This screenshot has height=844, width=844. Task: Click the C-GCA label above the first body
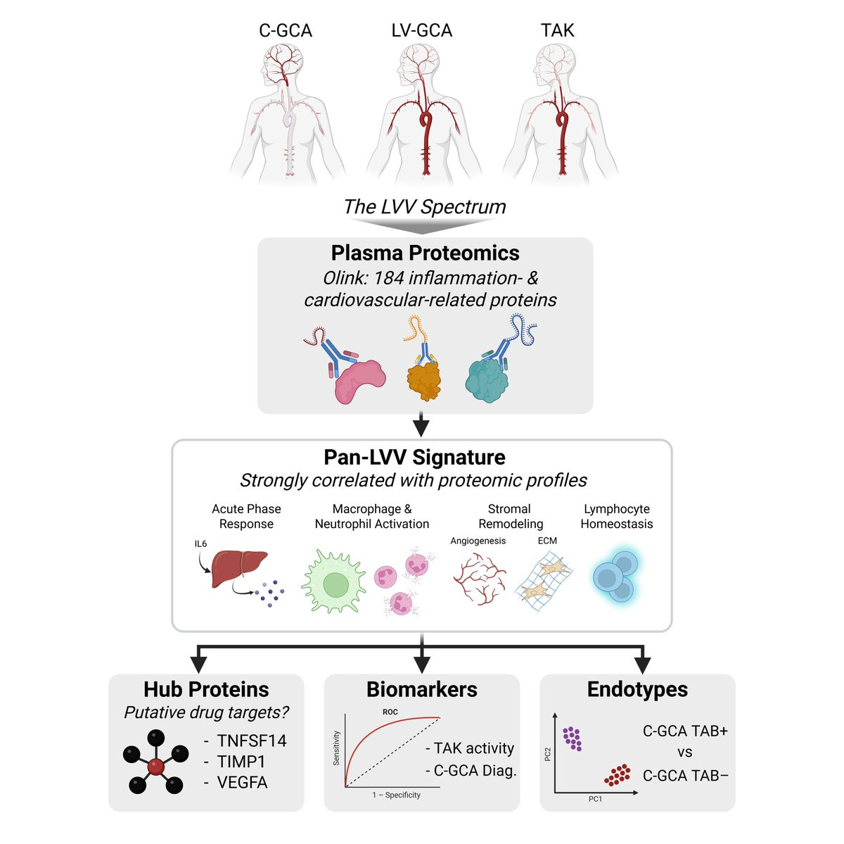pos(286,30)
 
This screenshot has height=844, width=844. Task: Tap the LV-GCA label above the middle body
pos(422,30)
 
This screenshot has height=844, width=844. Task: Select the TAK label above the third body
pos(557,30)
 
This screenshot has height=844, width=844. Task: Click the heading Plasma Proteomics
pos(425,253)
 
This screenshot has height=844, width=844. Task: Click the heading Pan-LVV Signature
pos(414,458)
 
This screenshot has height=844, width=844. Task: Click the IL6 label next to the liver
pos(201,544)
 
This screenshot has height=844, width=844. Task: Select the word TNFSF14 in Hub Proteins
pos(252,741)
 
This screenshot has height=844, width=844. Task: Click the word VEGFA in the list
pos(242,783)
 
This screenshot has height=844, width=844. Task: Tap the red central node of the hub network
pos(156,765)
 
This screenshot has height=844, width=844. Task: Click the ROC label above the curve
pos(390,712)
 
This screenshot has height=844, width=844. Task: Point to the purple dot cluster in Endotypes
pos(573,738)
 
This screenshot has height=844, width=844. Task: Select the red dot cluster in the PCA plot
pos(618,775)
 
